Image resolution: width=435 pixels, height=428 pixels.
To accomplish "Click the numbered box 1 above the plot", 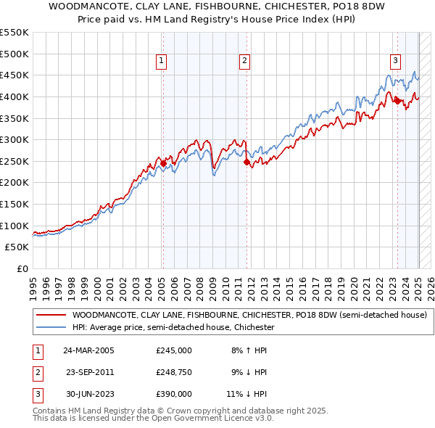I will pyautogui.click(x=161, y=62).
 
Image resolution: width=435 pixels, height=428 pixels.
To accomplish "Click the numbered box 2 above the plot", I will pyautogui.click(x=245, y=62).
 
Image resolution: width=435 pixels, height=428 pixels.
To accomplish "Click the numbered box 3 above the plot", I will pyautogui.click(x=396, y=62).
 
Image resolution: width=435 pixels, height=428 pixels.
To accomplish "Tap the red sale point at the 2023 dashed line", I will pyautogui.click(x=397, y=101).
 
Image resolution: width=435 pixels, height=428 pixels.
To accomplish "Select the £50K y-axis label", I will pyautogui.click(x=17, y=247).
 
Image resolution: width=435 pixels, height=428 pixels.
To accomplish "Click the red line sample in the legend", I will pyautogui.click(x=51, y=316).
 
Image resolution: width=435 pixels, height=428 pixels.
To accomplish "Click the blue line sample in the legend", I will pyautogui.click(x=51, y=327).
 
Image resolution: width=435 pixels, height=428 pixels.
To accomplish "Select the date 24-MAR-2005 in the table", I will pyautogui.click(x=88, y=350).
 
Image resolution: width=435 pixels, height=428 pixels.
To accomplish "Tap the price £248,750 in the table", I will pyautogui.click(x=174, y=372).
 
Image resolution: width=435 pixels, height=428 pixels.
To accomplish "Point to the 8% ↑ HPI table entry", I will pyautogui.click(x=248, y=350).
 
